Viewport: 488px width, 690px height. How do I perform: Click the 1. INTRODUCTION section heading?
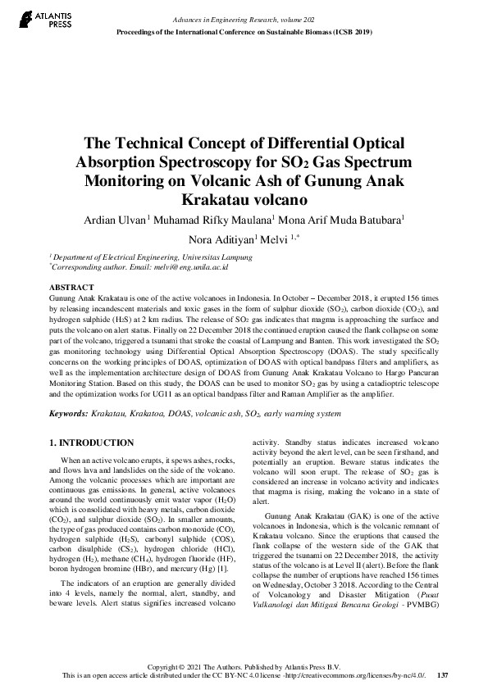coord(88,443)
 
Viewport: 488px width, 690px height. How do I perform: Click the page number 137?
coord(443,675)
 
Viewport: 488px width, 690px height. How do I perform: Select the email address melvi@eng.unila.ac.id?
coord(189,266)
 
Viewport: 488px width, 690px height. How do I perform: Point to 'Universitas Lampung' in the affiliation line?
coord(194,256)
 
